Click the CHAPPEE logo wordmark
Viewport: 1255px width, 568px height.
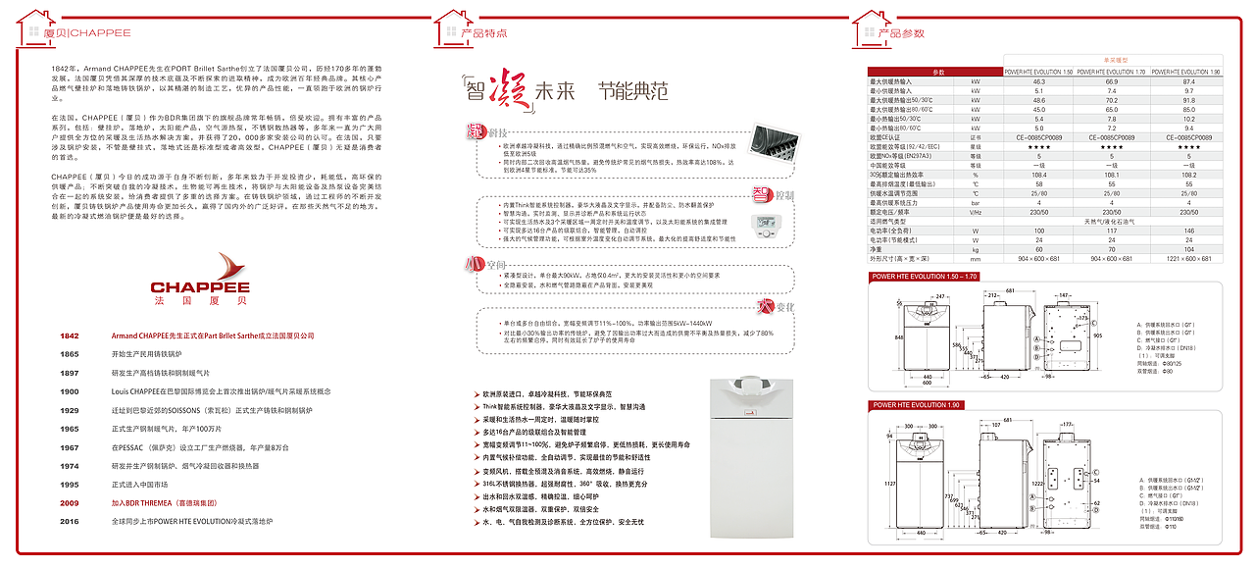click(x=199, y=287)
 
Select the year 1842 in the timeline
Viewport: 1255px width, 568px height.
click(x=69, y=336)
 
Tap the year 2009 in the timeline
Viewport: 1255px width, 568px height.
click(x=69, y=503)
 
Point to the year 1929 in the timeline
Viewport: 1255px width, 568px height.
click(x=69, y=410)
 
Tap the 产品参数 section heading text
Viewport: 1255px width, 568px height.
click(x=901, y=33)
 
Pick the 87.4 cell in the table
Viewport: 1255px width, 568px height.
click(x=1188, y=81)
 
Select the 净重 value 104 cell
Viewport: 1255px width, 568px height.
click(x=1188, y=250)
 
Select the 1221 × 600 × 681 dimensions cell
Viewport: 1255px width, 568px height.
click(x=1188, y=259)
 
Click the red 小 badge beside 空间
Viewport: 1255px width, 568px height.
click(x=472, y=265)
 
